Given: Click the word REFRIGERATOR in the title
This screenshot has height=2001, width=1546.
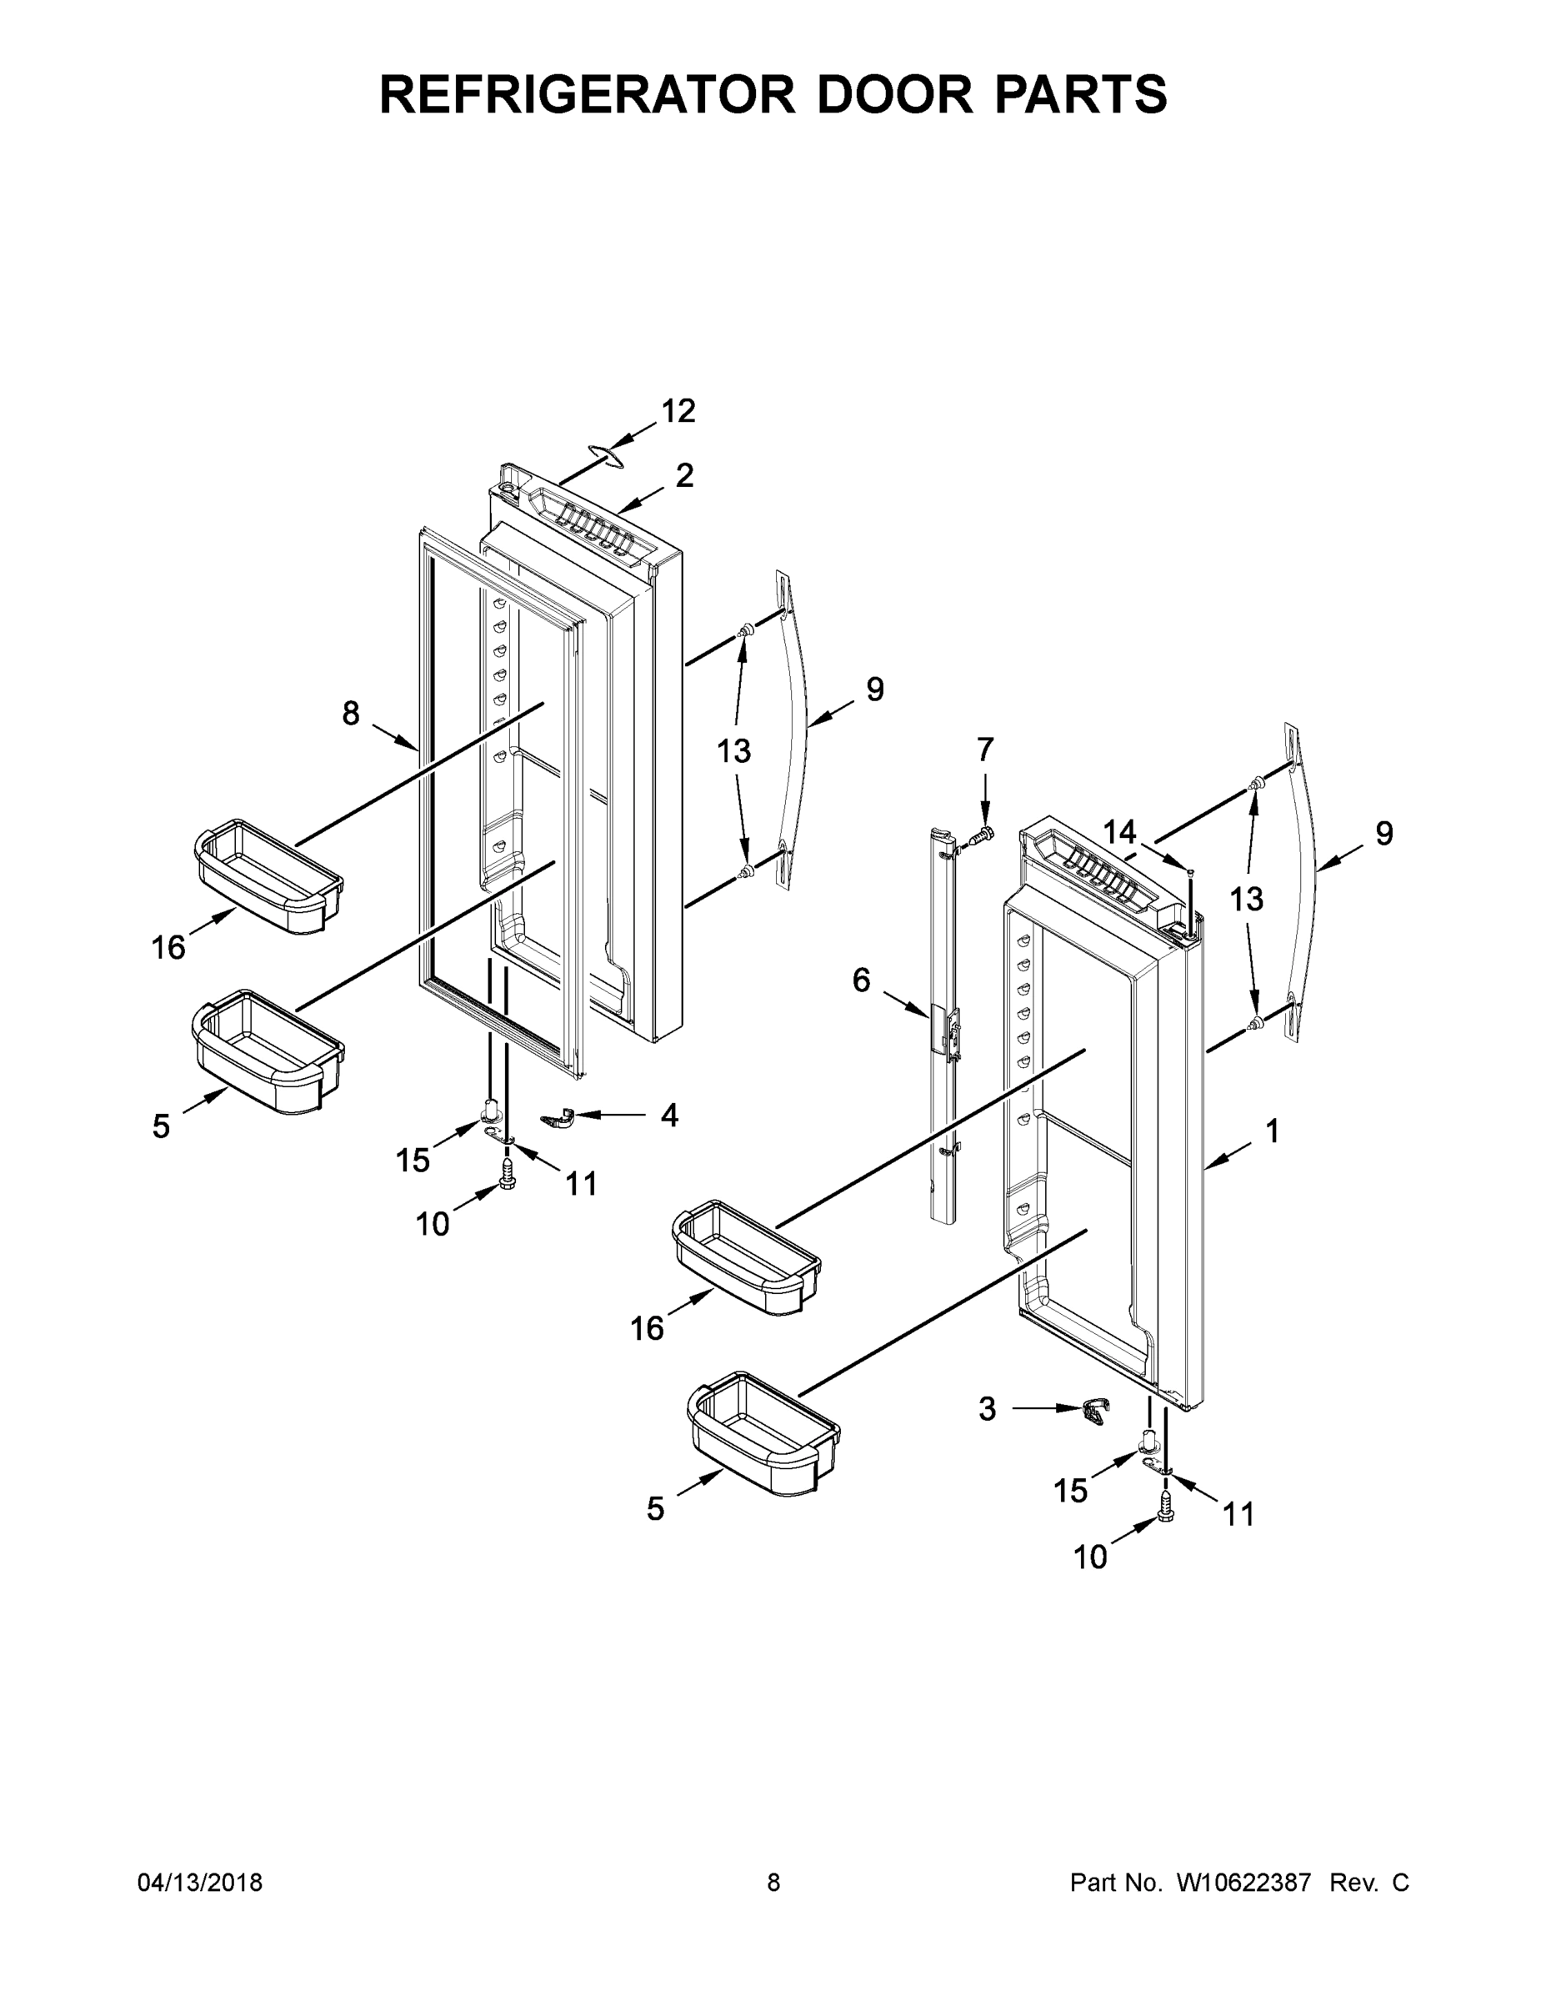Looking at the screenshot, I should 587,94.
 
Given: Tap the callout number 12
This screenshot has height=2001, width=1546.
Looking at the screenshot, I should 678,411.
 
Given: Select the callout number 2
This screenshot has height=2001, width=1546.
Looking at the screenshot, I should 685,474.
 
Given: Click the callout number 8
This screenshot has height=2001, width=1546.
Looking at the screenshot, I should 351,713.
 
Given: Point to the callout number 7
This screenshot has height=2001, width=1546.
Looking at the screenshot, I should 984,750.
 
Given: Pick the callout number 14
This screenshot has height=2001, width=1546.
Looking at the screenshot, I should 1119,832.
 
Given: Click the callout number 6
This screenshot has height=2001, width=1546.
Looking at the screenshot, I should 861,980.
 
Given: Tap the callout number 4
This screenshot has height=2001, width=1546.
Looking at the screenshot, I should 669,1115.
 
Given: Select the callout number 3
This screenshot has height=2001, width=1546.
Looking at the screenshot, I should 987,1409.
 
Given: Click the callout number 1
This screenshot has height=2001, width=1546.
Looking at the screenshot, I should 1272,1132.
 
